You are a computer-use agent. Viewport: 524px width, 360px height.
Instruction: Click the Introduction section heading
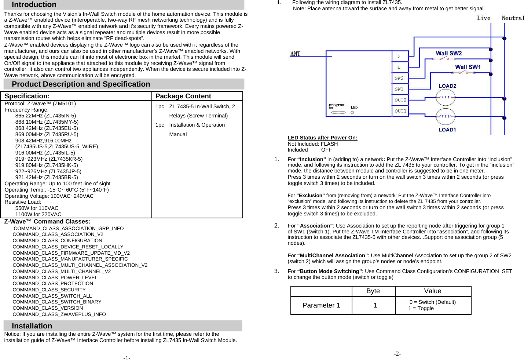click(x=34, y=5)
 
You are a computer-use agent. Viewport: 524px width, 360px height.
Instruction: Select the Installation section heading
click(x=32, y=326)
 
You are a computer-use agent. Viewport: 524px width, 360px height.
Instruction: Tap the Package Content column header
click(x=183, y=96)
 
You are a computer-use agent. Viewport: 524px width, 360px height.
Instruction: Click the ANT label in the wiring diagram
click(x=295, y=54)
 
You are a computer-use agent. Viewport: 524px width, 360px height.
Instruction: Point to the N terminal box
click(x=399, y=56)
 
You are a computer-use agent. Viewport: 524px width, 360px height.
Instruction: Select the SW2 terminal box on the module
click(x=399, y=78)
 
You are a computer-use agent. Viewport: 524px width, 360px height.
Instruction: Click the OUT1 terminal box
click(x=400, y=111)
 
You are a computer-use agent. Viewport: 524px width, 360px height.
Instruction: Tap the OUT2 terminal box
click(x=400, y=100)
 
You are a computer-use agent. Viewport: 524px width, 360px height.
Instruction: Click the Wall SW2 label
click(x=448, y=54)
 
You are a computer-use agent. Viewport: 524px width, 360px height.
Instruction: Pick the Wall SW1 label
click(x=468, y=67)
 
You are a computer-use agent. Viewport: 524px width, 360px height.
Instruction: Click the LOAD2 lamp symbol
click(x=445, y=98)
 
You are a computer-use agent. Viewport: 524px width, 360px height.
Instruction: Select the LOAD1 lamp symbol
click(x=445, y=116)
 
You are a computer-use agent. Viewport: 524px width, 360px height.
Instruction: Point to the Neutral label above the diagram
click(x=513, y=18)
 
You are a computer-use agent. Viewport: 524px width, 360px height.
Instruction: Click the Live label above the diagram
click(x=483, y=18)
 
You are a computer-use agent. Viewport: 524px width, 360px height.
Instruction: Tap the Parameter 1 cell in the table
click(x=321, y=305)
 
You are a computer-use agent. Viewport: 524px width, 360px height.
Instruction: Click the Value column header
click(x=433, y=291)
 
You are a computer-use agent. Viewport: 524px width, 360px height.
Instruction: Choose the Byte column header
click(x=373, y=291)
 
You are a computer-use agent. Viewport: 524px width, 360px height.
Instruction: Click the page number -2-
click(x=397, y=354)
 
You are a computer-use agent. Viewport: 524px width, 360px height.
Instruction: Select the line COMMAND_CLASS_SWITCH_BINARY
click(x=57, y=302)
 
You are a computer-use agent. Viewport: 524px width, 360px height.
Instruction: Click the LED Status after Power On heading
click(x=322, y=138)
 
